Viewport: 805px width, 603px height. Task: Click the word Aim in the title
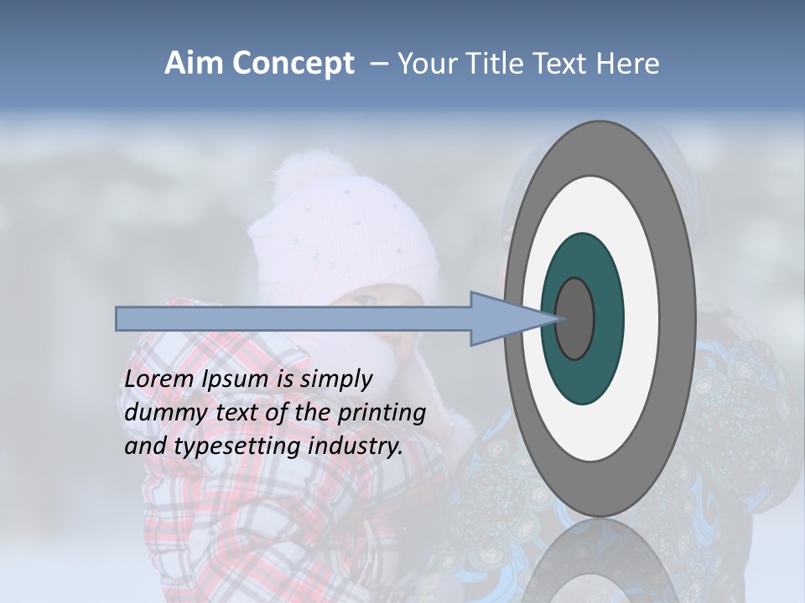click(194, 64)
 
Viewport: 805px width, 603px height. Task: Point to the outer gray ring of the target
click(600, 147)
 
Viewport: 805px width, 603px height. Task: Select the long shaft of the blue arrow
click(293, 319)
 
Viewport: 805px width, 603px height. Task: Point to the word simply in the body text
click(335, 379)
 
